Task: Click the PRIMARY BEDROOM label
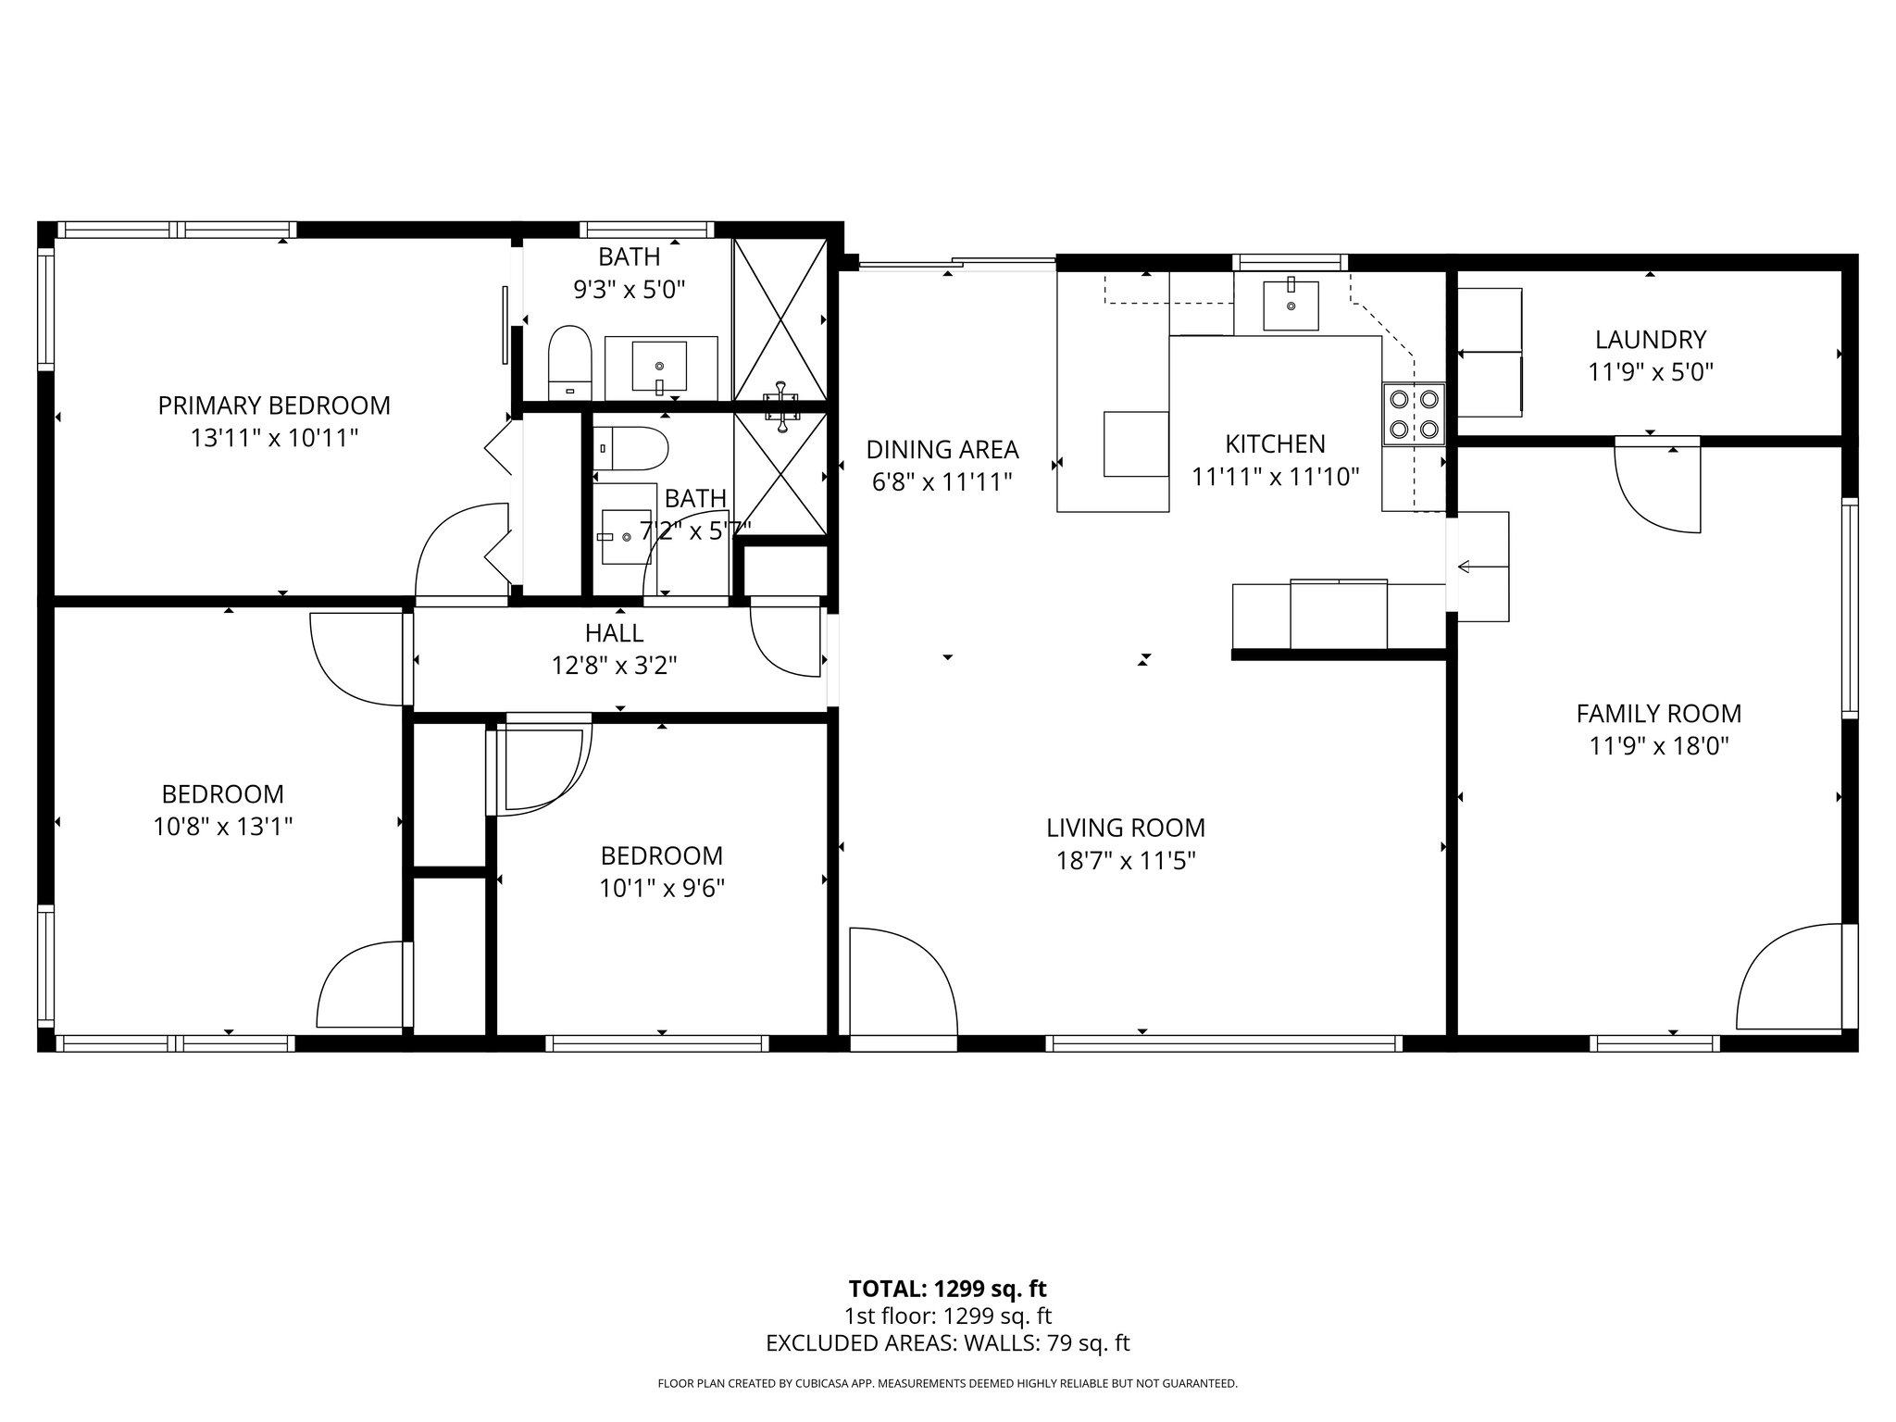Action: coord(274,405)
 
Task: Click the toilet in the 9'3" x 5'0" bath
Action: coord(569,361)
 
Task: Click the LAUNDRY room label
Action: coord(1650,339)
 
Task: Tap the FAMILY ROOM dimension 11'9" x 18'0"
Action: coord(1659,746)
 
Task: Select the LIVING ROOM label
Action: coord(1126,828)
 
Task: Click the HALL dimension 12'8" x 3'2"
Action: coord(615,666)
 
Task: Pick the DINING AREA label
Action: coord(942,450)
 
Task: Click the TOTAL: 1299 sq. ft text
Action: coord(947,1289)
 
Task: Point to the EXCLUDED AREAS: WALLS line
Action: coord(947,1343)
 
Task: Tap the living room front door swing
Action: coord(903,981)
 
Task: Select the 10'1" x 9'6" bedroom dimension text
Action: coord(661,889)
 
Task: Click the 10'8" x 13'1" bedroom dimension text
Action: coord(223,827)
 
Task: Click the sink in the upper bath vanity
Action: coord(659,366)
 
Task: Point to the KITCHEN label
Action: coord(1275,444)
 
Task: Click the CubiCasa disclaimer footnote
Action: coord(947,1384)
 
